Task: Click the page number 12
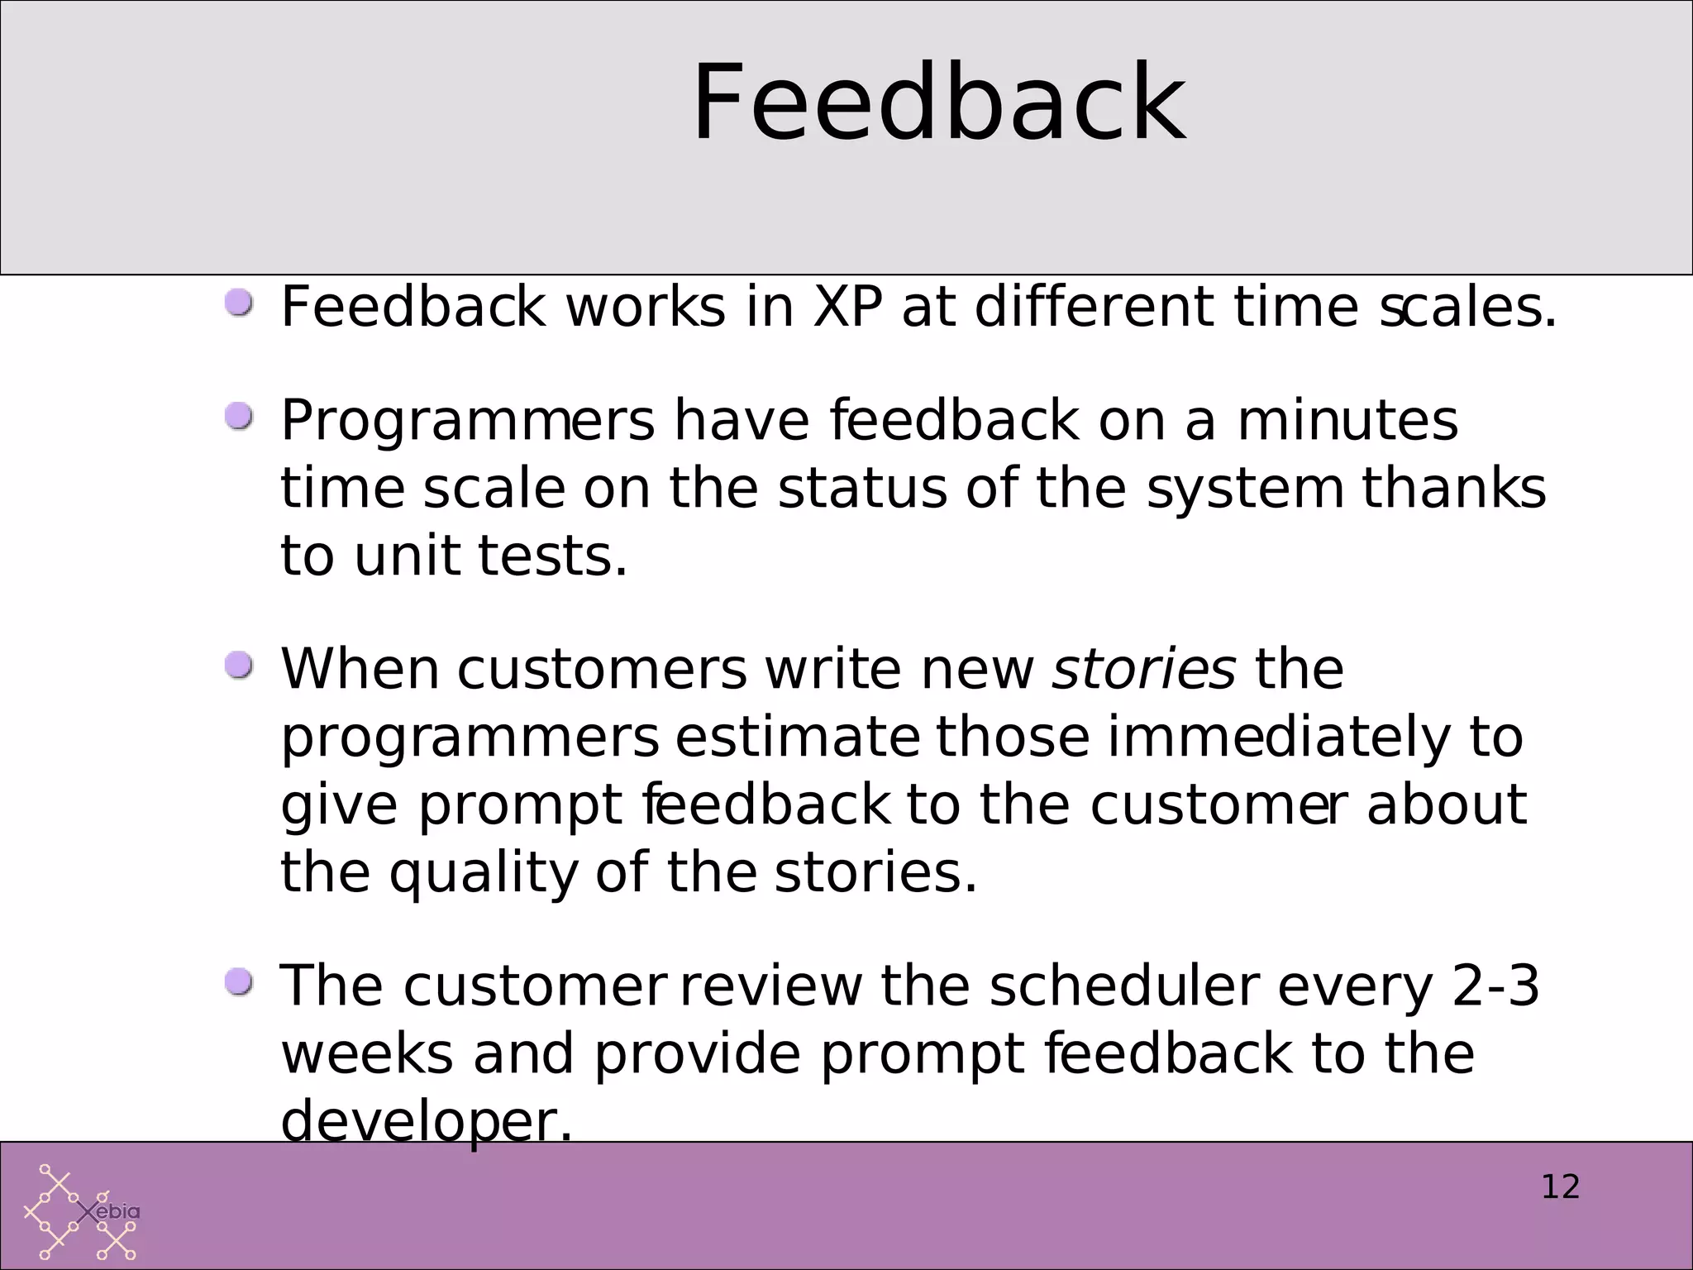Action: pos(1560,1187)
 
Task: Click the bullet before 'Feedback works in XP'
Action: pos(240,303)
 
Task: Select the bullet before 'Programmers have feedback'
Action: pos(240,417)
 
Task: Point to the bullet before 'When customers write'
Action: pos(240,665)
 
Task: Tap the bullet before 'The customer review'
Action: pos(240,982)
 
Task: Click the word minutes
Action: pos(1347,420)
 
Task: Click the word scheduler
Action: pos(1124,986)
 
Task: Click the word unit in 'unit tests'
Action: pos(406,556)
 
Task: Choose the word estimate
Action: pos(797,738)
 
